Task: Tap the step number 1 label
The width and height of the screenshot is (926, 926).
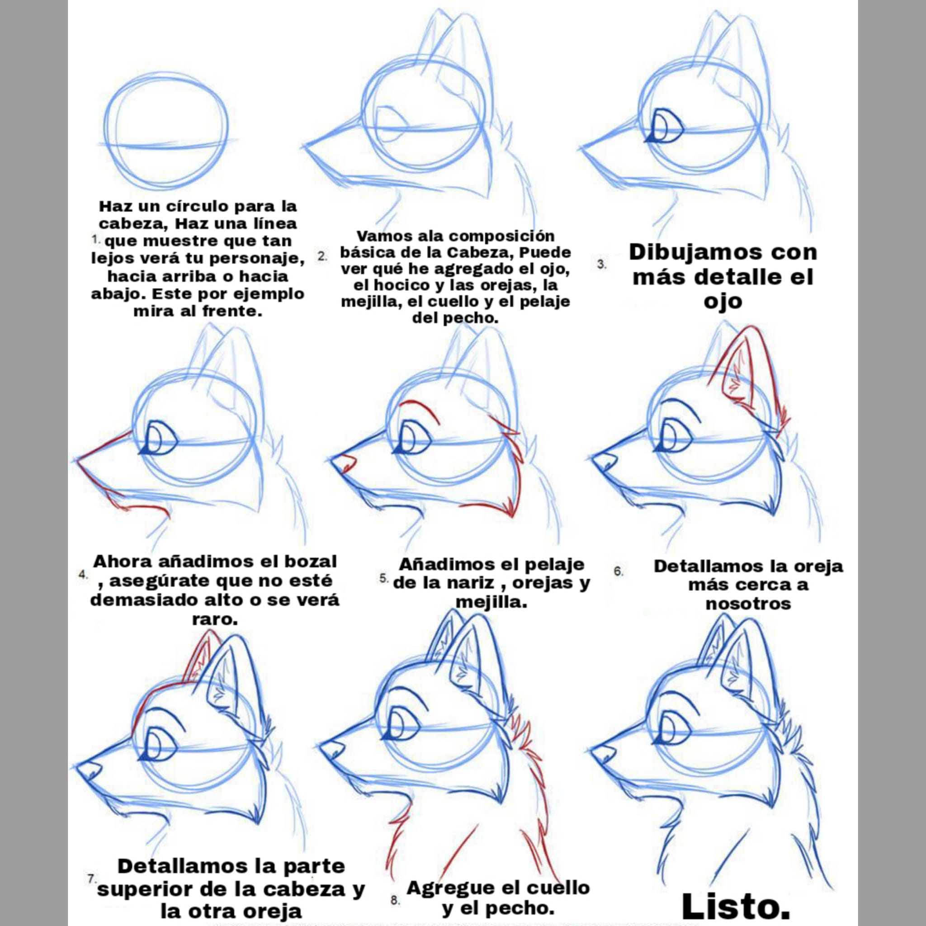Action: (x=96, y=238)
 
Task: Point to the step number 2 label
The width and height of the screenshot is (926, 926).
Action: (x=322, y=256)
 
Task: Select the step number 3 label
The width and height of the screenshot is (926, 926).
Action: (x=601, y=264)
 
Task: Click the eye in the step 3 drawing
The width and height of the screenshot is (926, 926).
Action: (x=666, y=126)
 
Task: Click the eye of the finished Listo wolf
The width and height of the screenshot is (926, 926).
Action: (x=673, y=737)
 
